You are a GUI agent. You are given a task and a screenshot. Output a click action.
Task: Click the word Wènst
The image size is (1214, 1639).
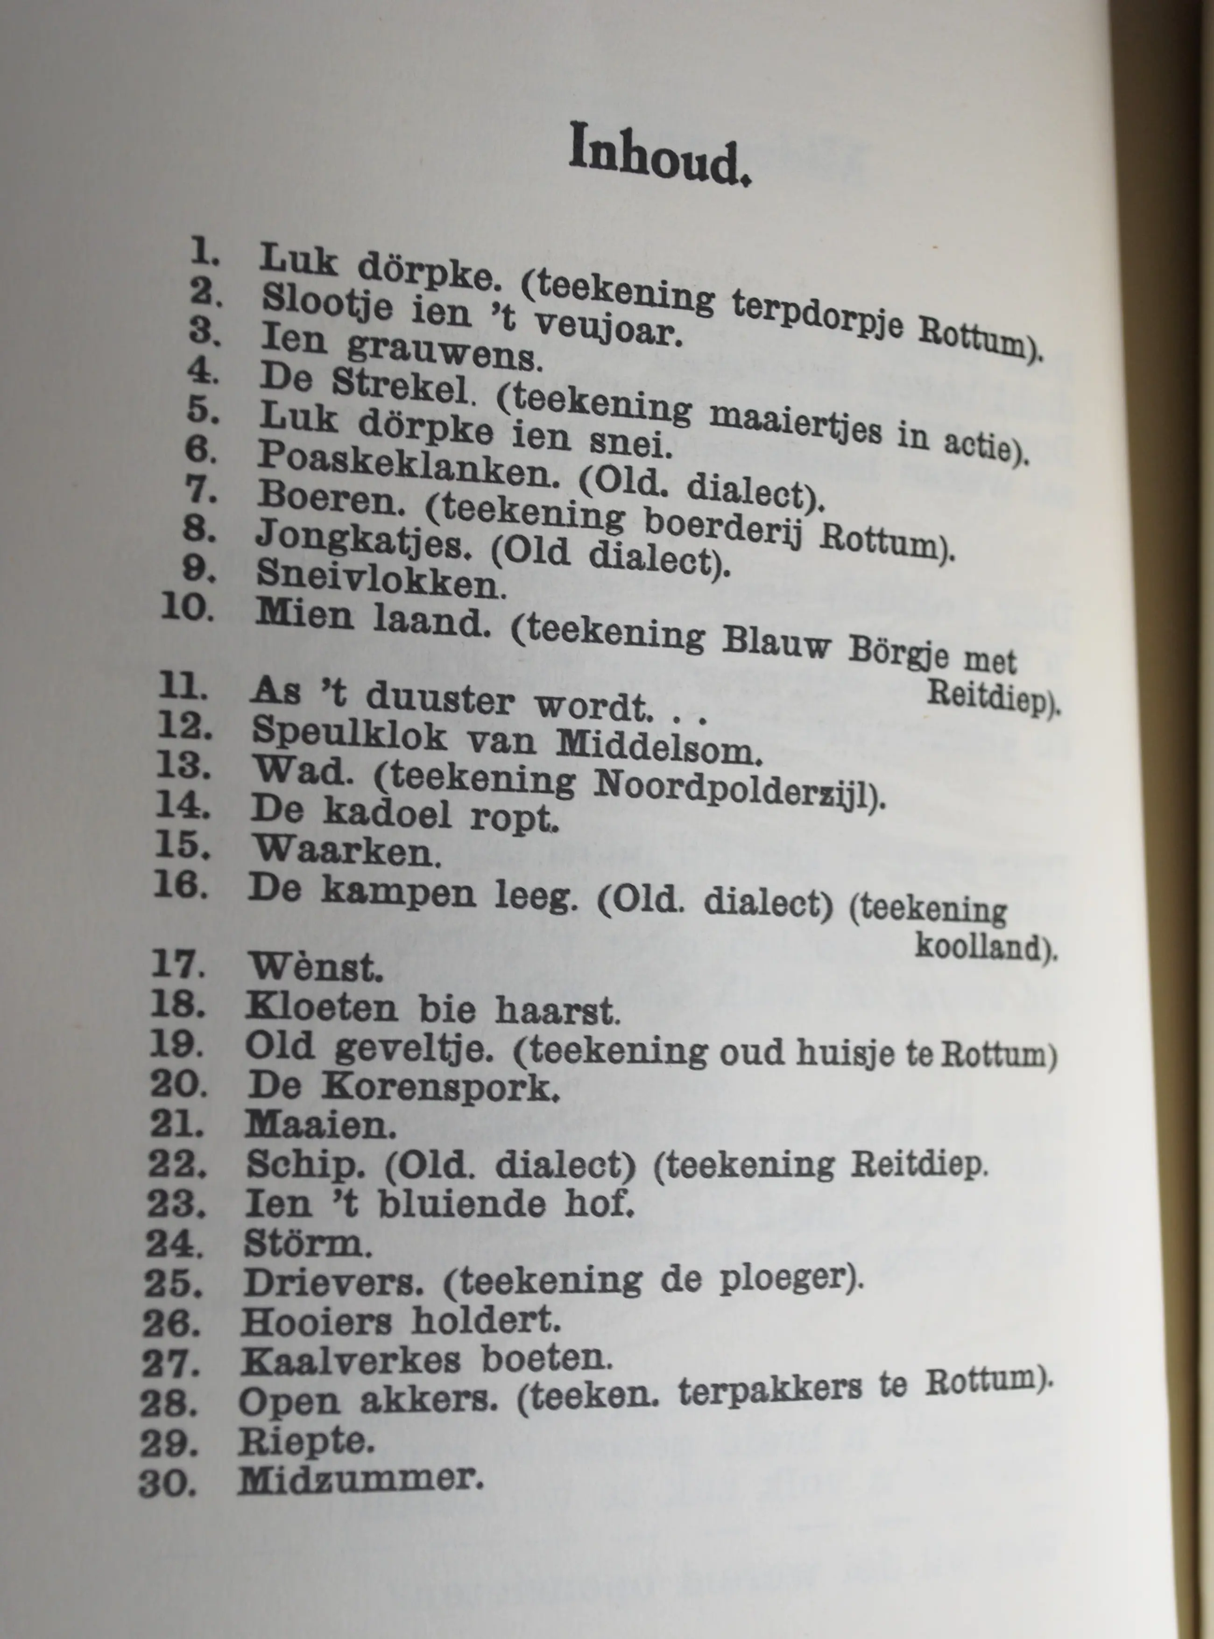tap(315, 968)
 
